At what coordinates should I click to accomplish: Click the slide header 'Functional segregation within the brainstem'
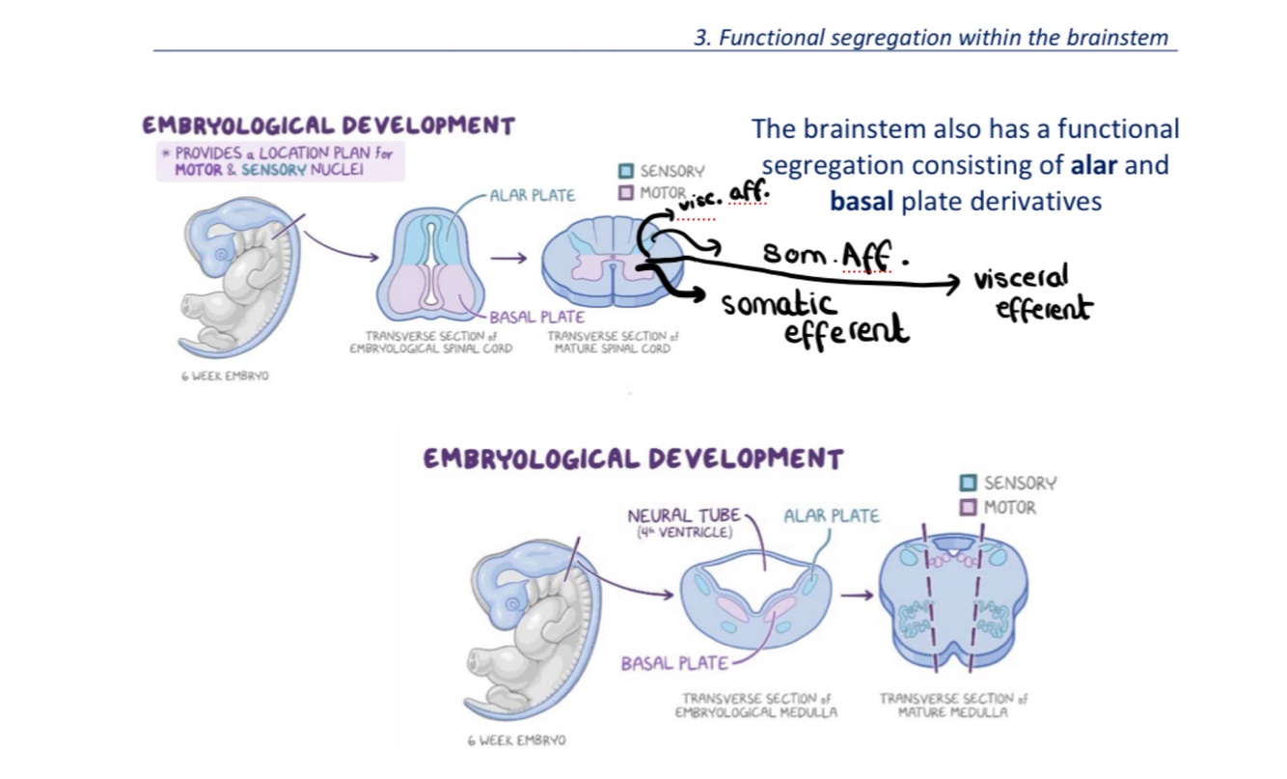click(x=930, y=38)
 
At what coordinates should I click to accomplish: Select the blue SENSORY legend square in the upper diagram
click(x=625, y=171)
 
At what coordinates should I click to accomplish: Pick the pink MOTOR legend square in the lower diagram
click(x=969, y=507)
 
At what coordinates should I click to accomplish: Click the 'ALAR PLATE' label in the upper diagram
click(x=532, y=195)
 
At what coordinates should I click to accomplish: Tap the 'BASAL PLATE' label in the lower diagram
click(x=673, y=664)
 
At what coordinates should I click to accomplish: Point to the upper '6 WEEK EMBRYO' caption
click(x=225, y=376)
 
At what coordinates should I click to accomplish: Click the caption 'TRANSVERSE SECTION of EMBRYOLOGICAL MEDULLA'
click(x=755, y=705)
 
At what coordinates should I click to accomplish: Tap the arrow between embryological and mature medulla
click(x=857, y=595)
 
